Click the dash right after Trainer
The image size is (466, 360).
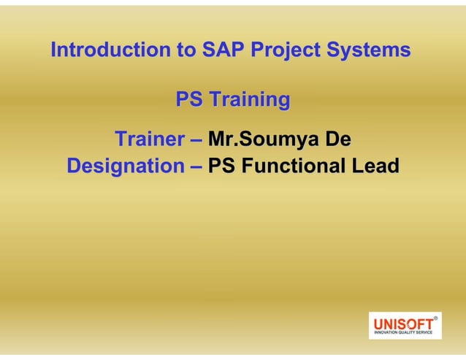click(x=196, y=139)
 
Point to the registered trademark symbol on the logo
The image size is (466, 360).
click(x=436, y=318)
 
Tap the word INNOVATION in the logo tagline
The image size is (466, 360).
click(x=386, y=333)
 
